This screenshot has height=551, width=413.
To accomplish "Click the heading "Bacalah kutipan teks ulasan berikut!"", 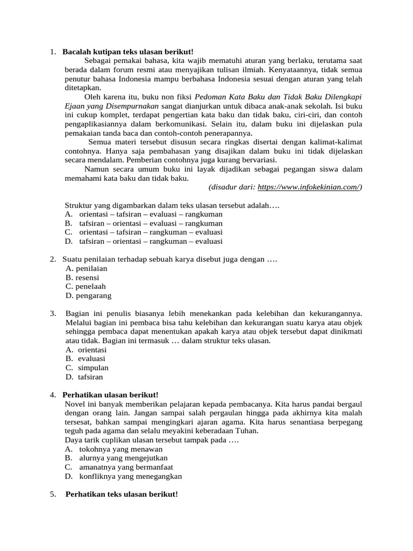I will pos(127,52).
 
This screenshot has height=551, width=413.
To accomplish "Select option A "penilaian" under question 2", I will pos(86,269).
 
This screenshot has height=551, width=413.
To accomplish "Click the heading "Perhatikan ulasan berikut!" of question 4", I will pos(110,394).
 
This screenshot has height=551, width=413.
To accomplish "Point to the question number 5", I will pos(53,494).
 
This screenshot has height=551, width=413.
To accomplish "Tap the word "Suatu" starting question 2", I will pos(72,259).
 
